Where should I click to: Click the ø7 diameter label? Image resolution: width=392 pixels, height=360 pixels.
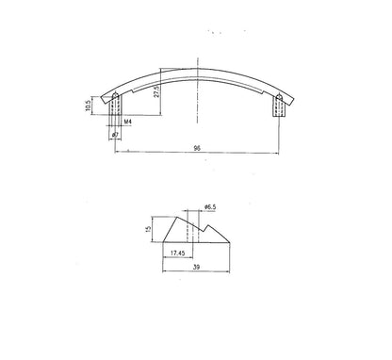[115, 137]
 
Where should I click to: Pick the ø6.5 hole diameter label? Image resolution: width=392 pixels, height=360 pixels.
[208, 205]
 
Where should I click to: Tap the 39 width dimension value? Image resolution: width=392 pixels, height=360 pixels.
[195, 269]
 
